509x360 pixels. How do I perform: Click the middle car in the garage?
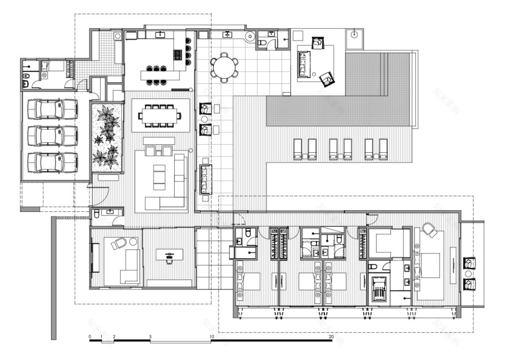click(x=53, y=135)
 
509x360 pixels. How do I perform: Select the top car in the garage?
click(x=53, y=108)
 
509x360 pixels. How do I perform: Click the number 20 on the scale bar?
click(x=331, y=336)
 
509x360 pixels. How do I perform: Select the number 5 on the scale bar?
click(x=150, y=336)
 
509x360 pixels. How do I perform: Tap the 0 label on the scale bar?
click(x=90, y=336)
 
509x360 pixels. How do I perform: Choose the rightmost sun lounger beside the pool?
click(x=382, y=149)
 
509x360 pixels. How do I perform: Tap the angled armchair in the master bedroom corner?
click(x=430, y=230)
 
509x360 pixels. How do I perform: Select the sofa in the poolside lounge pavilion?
click(x=304, y=64)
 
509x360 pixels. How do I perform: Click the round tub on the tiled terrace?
click(x=250, y=36)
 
